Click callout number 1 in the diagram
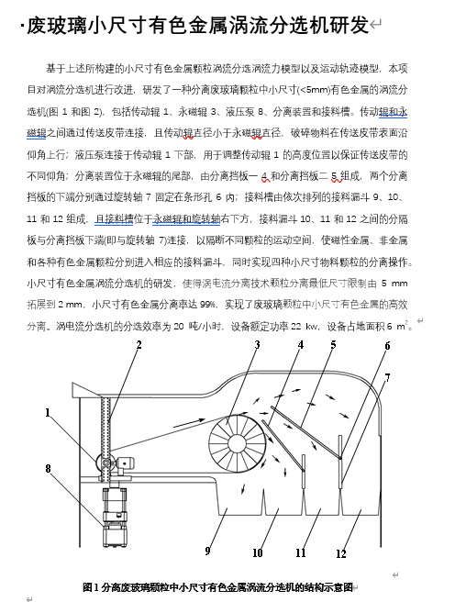48,413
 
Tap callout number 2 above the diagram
139,345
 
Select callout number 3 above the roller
257,345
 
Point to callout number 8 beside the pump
48,468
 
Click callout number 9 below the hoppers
207,551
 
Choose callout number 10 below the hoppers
258,552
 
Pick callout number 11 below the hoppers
301,552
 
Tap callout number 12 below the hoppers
341,553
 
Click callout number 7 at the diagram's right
387,378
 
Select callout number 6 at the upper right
387,346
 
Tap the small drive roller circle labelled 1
105,463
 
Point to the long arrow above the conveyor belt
189,423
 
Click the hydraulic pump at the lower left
115,517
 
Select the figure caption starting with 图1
217,587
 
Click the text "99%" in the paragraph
207,305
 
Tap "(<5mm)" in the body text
315,90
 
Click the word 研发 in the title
349,26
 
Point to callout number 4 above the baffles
301,345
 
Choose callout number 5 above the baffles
333,345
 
